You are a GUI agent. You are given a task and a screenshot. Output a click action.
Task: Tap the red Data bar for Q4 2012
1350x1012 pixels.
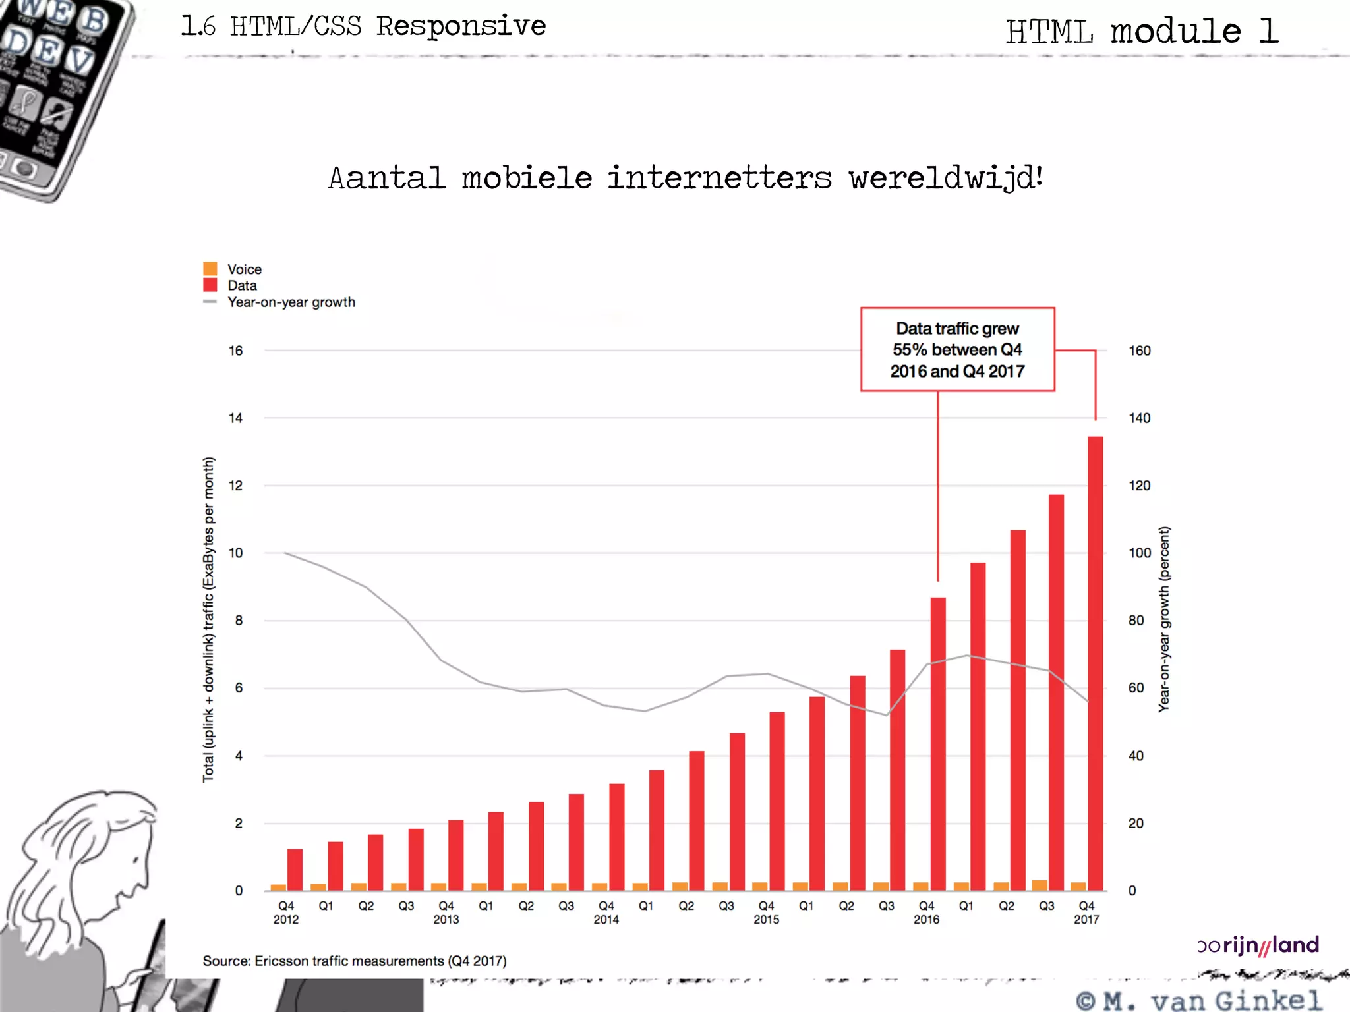coord(295,870)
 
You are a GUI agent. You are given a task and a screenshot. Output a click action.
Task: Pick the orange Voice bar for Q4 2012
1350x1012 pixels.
coord(278,887)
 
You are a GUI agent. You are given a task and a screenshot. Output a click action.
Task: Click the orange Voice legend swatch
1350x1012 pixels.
coord(210,269)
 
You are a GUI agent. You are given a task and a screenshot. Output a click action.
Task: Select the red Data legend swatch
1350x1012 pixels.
coord(210,285)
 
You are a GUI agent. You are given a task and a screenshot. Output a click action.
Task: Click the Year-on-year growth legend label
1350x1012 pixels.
coord(291,302)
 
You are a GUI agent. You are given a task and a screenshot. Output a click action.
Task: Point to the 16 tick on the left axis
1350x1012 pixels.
coord(235,351)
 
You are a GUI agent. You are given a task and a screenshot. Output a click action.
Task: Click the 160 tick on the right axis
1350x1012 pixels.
coord(1139,351)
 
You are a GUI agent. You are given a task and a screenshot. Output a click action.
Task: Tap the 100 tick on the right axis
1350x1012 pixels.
coord(1139,553)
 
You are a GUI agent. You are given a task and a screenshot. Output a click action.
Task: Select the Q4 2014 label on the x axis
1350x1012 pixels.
coord(606,913)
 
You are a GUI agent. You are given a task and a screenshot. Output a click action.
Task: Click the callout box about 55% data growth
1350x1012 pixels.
coord(957,350)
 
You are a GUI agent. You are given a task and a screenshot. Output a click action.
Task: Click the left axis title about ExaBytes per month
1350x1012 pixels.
coord(208,619)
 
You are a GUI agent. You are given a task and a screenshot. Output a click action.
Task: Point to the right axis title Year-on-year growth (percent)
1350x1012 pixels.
coord(1164,619)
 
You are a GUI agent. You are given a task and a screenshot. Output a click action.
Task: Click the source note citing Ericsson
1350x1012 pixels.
coord(355,961)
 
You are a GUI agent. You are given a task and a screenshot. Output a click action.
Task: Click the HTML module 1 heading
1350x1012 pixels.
coord(1142,31)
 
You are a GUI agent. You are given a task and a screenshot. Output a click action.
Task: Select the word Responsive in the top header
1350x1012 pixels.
coord(461,26)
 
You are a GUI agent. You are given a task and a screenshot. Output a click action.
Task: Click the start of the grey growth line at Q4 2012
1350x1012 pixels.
coord(285,553)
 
